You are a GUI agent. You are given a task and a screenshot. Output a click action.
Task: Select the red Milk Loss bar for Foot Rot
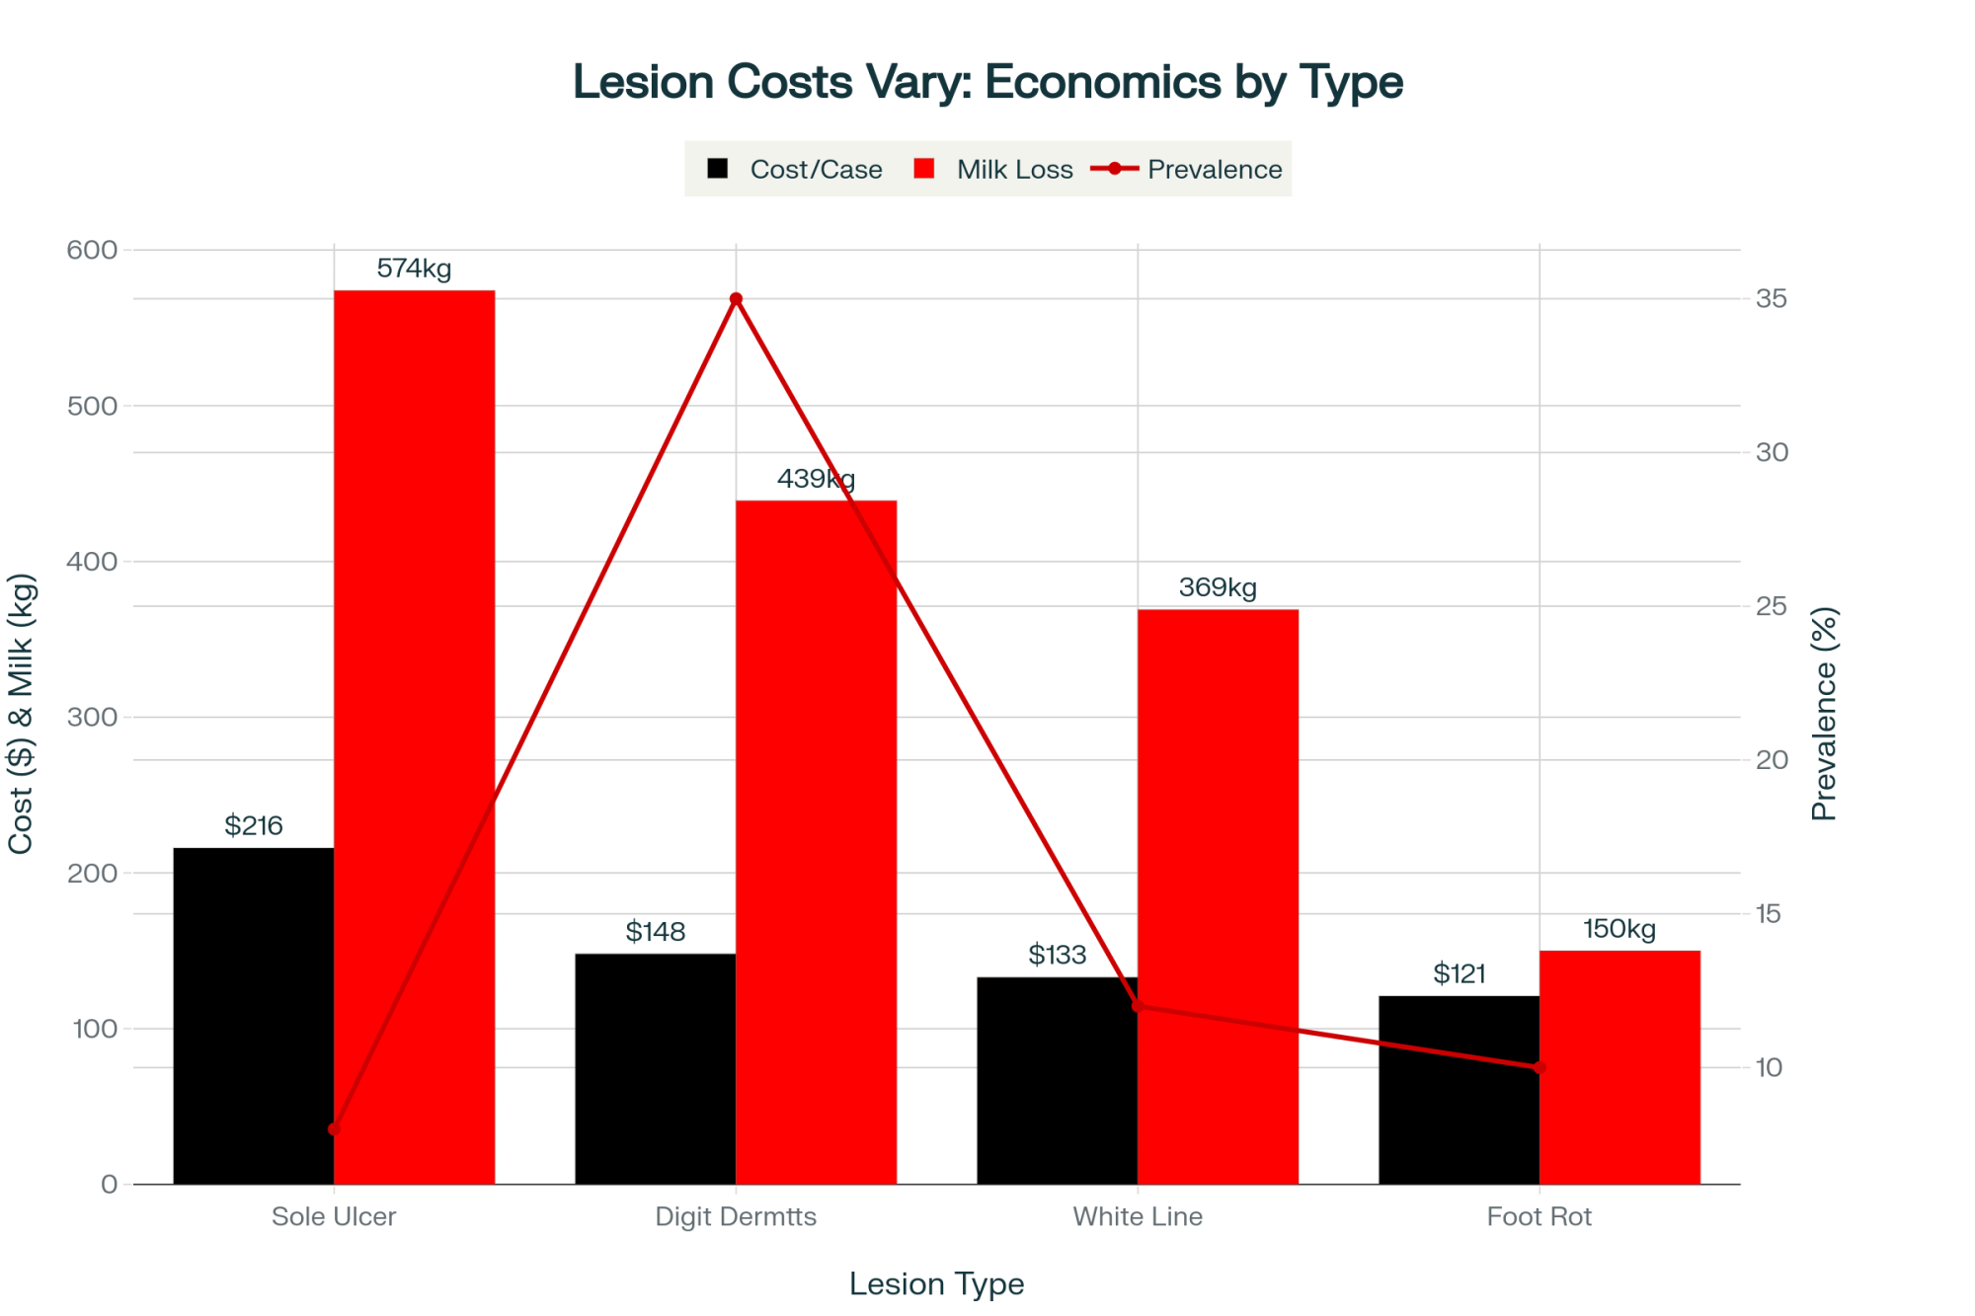coord(1619,1066)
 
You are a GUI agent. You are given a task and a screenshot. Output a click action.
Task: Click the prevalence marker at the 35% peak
coord(736,299)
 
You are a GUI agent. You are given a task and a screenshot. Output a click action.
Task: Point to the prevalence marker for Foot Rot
coord(1540,1068)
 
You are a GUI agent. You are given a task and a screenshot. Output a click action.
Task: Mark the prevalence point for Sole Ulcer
coord(334,1128)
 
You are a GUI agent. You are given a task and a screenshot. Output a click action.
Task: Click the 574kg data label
coord(414,269)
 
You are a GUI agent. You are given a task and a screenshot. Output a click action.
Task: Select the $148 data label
coord(656,932)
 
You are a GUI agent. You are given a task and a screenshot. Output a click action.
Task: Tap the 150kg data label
coord(1619,929)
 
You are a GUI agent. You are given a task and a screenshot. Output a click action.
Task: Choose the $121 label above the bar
coord(1460,974)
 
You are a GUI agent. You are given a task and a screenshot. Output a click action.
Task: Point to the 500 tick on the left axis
coord(92,406)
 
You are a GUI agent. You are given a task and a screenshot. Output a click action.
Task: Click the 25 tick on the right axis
coord(1771,606)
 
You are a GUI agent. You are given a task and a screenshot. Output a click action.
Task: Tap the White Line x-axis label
coord(1138,1217)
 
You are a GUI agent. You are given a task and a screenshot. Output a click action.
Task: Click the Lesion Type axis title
coord(936,1284)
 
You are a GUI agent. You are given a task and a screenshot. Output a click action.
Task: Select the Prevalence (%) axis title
coord(1824,714)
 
